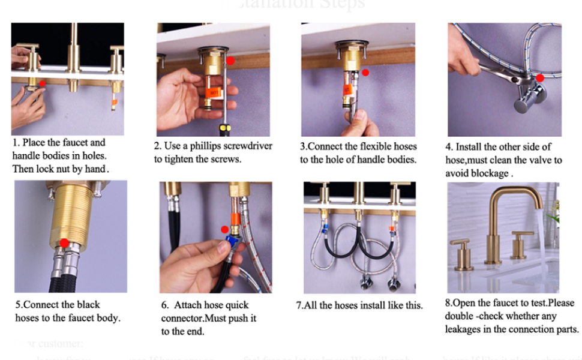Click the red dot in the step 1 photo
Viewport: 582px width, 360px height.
[42, 83]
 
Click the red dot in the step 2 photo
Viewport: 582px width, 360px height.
[230, 61]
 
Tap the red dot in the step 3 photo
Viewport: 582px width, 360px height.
[365, 72]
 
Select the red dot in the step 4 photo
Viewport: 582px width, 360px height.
[540, 77]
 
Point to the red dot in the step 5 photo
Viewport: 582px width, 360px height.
[64, 242]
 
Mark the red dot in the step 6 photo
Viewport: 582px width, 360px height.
[224, 229]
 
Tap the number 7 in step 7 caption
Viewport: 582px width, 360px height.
[298, 305]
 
